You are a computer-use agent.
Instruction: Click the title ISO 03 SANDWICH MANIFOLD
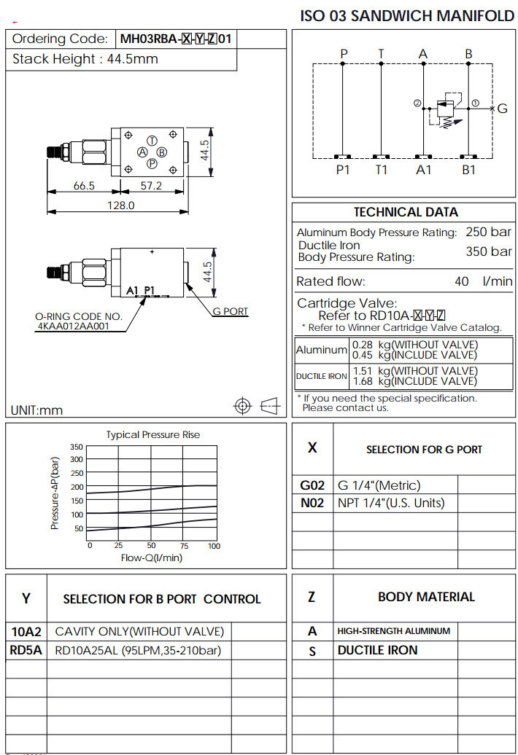point(407,16)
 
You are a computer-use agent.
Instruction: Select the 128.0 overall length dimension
point(121,206)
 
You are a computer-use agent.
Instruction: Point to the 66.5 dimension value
point(85,186)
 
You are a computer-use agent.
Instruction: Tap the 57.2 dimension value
point(151,186)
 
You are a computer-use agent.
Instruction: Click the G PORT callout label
point(231,311)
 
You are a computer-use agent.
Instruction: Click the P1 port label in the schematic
point(343,169)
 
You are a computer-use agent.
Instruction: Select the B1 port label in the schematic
point(468,169)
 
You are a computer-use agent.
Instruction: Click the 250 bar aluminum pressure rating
point(489,232)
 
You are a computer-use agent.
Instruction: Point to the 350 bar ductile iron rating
point(489,251)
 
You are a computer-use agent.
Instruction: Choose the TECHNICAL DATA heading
point(406,212)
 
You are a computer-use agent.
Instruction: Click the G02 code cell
point(312,485)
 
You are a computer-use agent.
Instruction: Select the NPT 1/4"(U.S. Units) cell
point(391,503)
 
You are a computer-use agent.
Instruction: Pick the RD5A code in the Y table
point(26,650)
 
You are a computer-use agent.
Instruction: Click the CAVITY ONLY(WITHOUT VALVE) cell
point(139,631)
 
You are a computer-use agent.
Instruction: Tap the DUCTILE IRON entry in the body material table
point(378,650)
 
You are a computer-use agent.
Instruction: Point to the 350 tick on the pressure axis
point(77,446)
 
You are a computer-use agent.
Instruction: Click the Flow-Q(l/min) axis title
point(152,558)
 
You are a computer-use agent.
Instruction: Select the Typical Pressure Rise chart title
point(153,435)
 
